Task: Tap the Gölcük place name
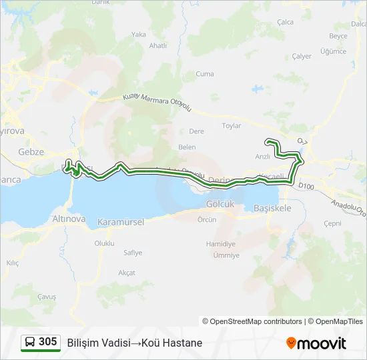point(220,204)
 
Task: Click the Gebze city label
point(31,152)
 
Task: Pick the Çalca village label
point(285,22)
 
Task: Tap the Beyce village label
point(338,36)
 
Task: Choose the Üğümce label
point(333,51)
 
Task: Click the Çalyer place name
point(302,57)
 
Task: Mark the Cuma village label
point(204,73)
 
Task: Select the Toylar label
point(231,125)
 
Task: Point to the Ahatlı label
point(158,45)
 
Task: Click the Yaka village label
point(139,34)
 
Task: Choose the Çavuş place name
point(47,297)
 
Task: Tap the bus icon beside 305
point(30,342)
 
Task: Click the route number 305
point(48,342)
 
